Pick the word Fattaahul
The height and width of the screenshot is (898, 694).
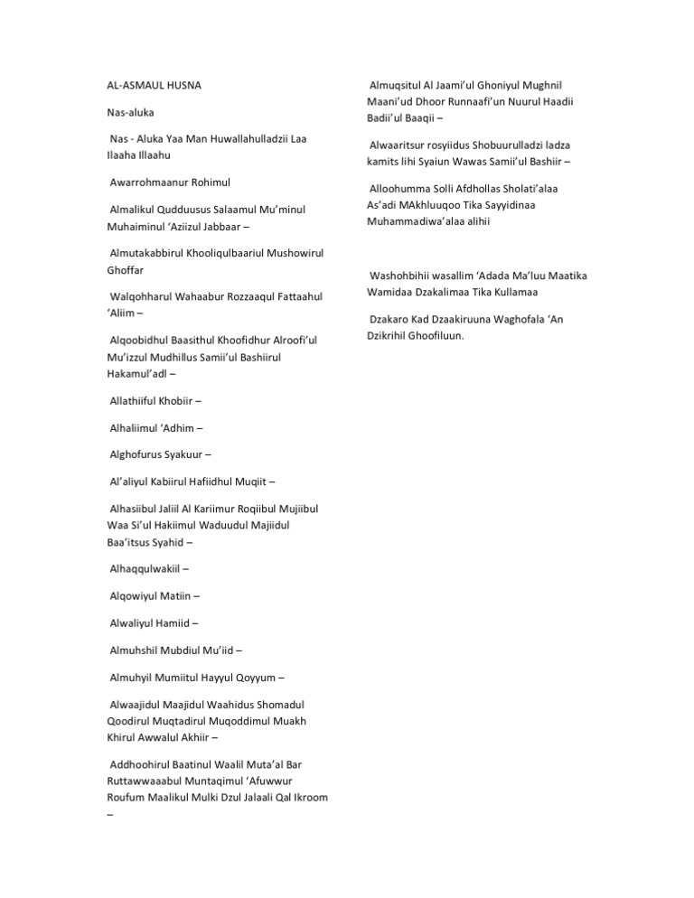(292, 296)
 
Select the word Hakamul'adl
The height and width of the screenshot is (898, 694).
(136, 372)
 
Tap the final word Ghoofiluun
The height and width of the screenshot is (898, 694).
(437, 336)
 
